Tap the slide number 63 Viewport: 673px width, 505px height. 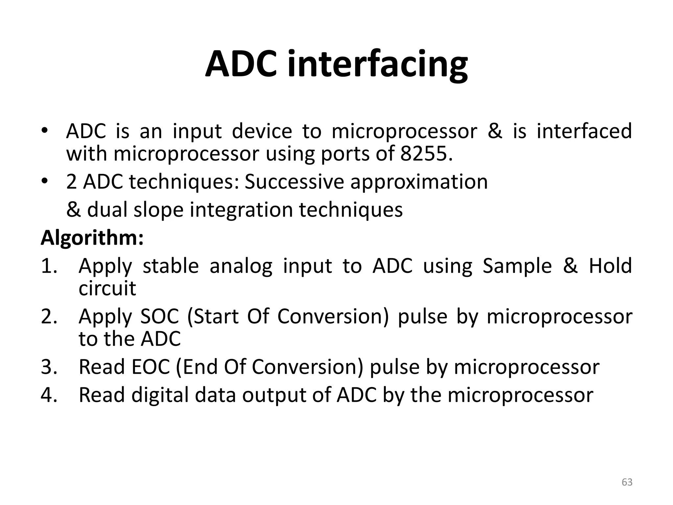[627, 482]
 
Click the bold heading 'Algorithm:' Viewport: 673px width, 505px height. [92, 238]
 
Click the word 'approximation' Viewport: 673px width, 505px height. [419, 182]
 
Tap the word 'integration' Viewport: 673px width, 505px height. [241, 210]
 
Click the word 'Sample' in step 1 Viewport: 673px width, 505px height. [517, 266]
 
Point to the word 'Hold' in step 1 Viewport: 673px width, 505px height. [610, 266]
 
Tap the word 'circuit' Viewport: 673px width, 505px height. [107, 288]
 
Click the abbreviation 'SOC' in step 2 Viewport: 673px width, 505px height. [160, 316]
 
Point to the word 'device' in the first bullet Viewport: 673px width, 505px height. [262, 131]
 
